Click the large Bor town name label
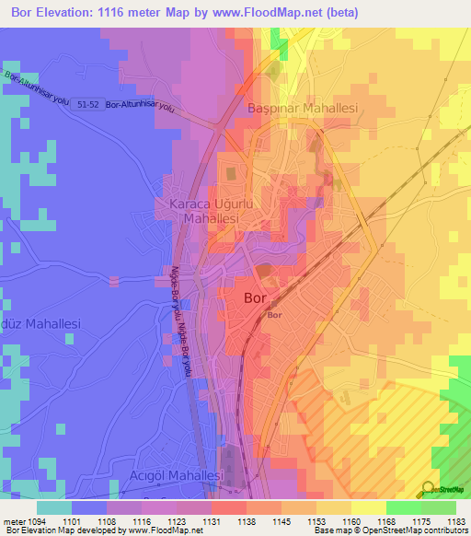(256, 298)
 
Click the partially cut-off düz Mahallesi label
(40, 324)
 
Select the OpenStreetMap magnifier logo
(428, 488)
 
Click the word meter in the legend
(13, 519)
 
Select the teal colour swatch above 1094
(54, 507)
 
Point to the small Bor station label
(274, 316)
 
